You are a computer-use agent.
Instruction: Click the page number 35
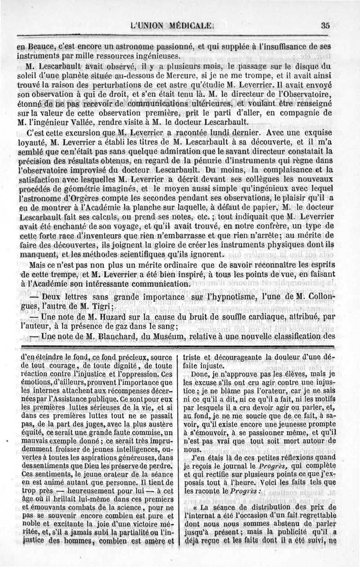point(326,26)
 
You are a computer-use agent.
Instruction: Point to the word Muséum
point(175,336)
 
